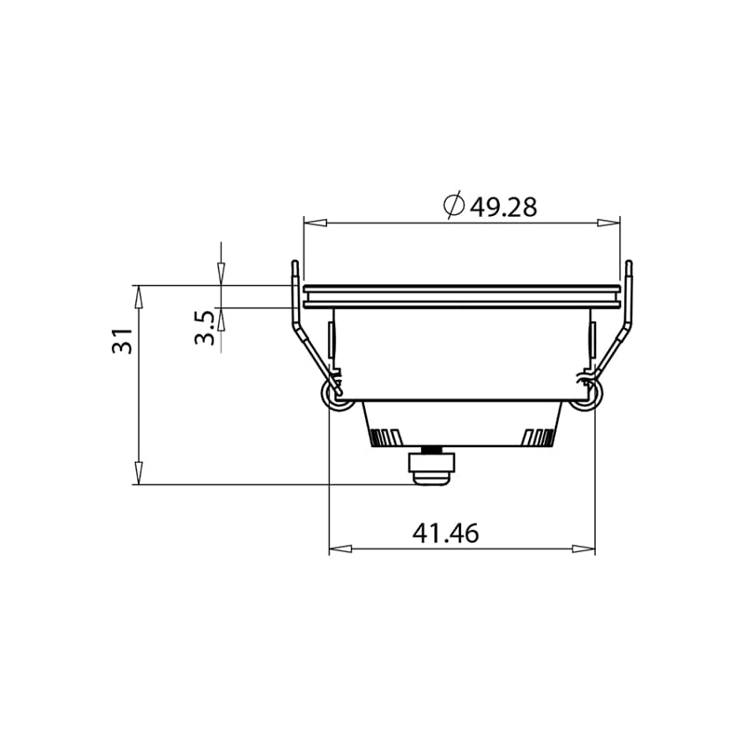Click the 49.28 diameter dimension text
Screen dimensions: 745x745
pyautogui.click(x=503, y=207)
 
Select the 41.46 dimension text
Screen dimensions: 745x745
pyautogui.click(x=445, y=534)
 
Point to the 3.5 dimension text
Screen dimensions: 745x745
pyautogui.click(x=206, y=328)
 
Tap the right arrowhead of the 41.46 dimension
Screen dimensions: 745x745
pyautogui.click(x=584, y=549)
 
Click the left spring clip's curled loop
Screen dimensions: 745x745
pyautogui.click(x=332, y=397)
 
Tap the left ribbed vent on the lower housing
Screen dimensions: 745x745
pyautogui.click(x=386, y=437)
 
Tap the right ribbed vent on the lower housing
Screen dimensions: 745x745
pyautogui.click(x=538, y=437)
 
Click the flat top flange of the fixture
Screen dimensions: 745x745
pyautogui.click(x=461, y=290)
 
